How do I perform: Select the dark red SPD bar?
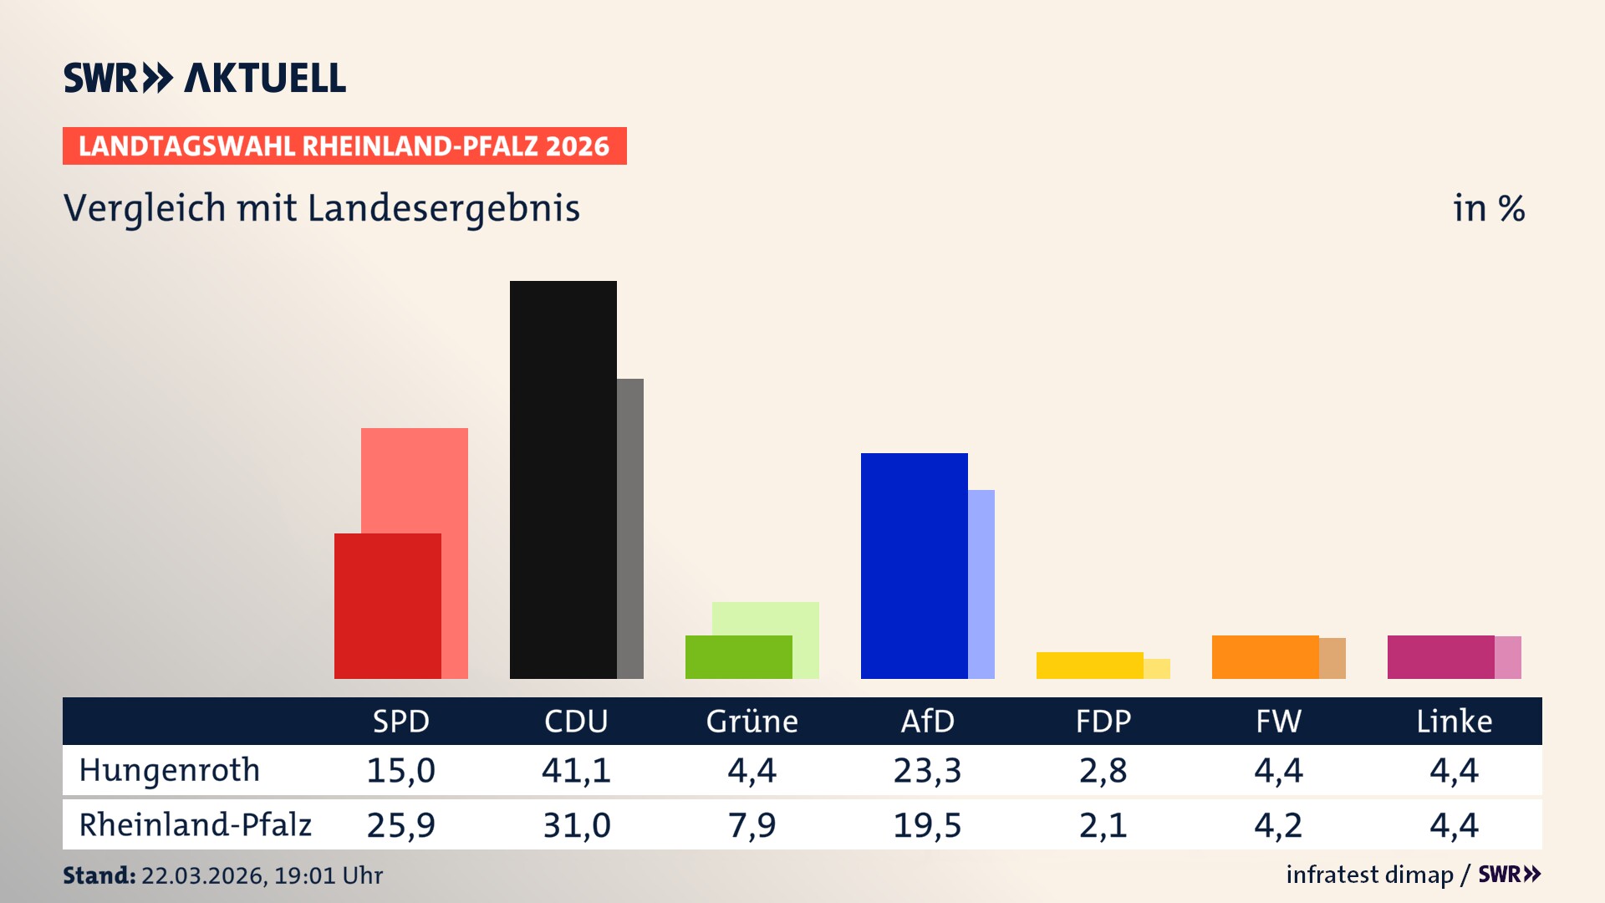click(387, 605)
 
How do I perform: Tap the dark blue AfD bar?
click(914, 565)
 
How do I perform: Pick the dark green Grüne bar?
click(738, 657)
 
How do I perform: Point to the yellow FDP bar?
click(1089, 666)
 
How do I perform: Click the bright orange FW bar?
click(1265, 657)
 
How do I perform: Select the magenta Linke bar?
click(1440, 657)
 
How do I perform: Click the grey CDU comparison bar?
click(630, 528)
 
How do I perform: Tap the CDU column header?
click(576, 722)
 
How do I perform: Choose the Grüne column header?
click(752, 722)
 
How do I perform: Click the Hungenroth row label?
click(170, 770)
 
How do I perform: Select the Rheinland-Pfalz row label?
click(195, 825)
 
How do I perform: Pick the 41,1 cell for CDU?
click(576, 770)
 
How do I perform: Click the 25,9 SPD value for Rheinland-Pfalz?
click(400, 825)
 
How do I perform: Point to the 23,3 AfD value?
click(927, 770)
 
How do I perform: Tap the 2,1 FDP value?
click(1103, 825)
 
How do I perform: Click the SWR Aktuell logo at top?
click(205, 78)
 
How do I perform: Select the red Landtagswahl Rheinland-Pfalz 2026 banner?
click(344, 146)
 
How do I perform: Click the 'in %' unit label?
click(1488, 209)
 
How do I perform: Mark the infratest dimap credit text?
click(1369, 875)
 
